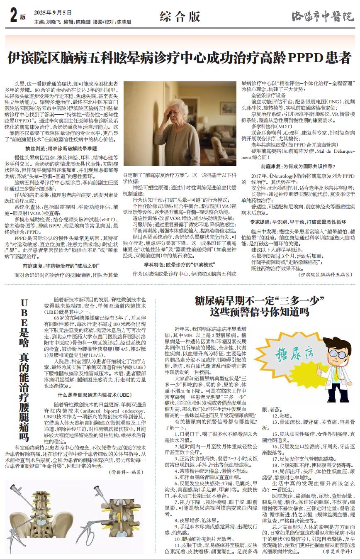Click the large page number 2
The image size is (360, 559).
click(x=12, y=16)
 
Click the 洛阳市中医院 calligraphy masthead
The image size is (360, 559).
click(x=323, y=17)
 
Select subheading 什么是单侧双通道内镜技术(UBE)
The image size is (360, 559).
click(x=95, y=395)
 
